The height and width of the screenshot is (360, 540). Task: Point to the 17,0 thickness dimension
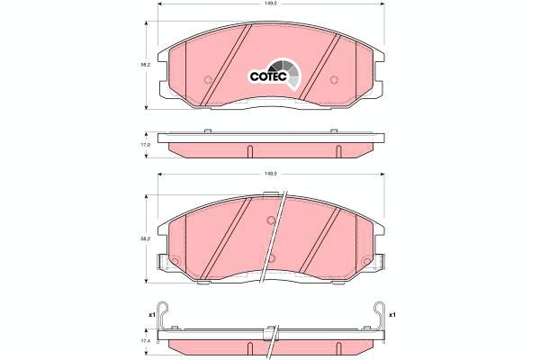(144, 144)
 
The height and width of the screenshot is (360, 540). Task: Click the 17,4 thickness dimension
(144, 341)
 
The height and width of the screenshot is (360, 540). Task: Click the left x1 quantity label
(150, 315)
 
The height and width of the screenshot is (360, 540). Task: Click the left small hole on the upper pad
(207, 79)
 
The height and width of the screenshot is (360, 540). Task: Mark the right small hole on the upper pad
(333, 79)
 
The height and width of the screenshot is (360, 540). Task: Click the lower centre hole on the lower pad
(271, 261)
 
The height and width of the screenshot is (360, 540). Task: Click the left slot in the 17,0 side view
(250, 150)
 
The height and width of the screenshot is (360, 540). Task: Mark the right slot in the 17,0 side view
(337, 150)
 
